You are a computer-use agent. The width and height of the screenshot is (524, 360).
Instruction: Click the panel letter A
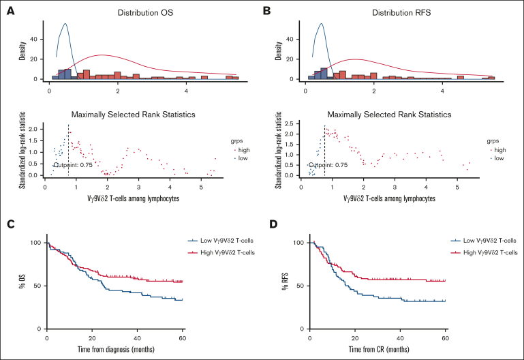tap(11, 11)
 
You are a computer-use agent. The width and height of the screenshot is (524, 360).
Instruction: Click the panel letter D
tap(273, 224)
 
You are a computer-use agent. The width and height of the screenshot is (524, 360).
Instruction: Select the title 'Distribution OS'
tap(145, 13)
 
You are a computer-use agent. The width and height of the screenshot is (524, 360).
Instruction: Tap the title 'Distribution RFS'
tap(401, 13)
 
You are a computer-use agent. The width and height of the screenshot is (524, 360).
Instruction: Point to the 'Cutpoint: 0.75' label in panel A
tap(73, 165)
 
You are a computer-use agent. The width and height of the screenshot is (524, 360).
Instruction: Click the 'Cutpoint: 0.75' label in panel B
tap(328, 165)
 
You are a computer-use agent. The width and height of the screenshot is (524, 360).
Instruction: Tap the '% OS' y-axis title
tap(22, 282)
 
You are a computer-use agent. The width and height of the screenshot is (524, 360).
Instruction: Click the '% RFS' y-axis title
tap(285, 282)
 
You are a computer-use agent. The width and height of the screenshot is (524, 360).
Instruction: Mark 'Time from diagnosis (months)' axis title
tap(116, 349)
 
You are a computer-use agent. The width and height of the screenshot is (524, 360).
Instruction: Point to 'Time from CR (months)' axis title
tap(379, 349)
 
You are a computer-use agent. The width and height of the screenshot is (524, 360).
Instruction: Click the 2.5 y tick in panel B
tap(289, 123)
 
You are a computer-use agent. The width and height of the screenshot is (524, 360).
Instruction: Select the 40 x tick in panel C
tap(138, 338)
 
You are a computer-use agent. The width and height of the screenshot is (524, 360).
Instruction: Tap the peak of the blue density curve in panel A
tap(65, 23)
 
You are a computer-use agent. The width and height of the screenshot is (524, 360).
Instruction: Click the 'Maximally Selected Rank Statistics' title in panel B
tap(389, 115)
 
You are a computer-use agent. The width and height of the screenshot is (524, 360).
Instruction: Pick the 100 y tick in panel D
tap(298, 243)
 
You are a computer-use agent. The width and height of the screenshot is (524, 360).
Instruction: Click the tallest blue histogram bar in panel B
tap(324, 74)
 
